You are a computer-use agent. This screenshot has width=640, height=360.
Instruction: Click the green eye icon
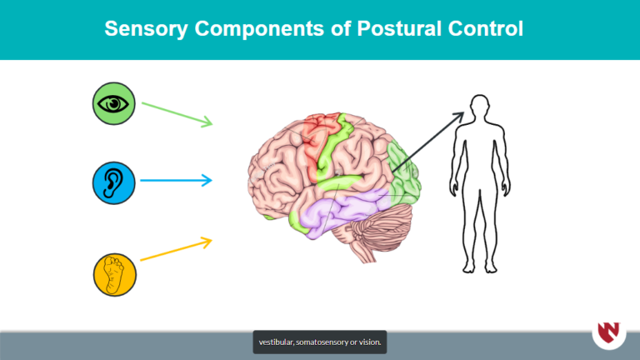tap(113, 103)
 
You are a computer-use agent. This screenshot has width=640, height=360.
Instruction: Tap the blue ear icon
tap(113, 182)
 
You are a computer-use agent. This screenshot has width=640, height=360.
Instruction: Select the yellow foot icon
tap(113, 274)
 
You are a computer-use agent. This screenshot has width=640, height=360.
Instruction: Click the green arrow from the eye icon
tap(177, 114)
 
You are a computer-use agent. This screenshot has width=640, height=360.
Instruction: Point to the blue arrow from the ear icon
tap(176, 180)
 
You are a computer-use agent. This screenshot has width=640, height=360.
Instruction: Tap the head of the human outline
tap(478, 107)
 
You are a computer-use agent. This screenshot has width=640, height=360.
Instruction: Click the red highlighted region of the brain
tap(313, 146)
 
